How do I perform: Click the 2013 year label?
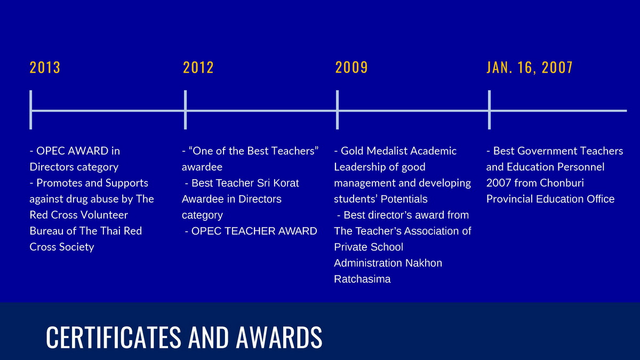[45, 67]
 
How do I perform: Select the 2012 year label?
[198, 67]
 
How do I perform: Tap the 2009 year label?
[351, 67]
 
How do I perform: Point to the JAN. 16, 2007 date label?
[530, 67]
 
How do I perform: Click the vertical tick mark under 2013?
[31, 110]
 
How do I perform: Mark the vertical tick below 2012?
[186, 110]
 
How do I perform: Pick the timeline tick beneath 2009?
[338, 110]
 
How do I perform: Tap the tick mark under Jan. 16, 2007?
[490, 110]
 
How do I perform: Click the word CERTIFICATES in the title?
[114, 337]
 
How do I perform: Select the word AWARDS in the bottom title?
[279, 337]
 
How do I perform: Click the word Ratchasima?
[362, 279]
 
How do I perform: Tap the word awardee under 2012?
[202, 167]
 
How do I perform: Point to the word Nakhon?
[423, 263]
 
